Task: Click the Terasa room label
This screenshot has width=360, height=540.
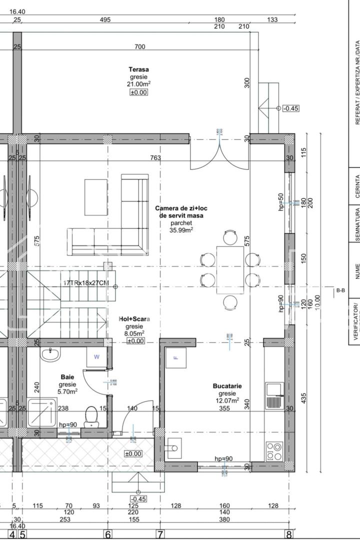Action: pyautogui.click(x=139, y=69)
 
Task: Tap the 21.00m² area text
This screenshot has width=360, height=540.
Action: pyautogui.click(x=139, y=84)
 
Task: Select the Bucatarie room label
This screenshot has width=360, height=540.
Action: pyautogui.click(x=227, y=386)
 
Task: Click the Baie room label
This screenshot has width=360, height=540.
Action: pyautogui.click(x=67, y=376)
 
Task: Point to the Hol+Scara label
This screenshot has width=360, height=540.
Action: pyautogui.click(x=134, y=318)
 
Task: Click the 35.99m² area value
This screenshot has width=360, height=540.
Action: pyautogui.click(x=181, y=230)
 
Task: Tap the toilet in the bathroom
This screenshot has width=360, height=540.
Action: pyautogui.click(x=91, y=416)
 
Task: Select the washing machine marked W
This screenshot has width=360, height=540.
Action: pyautogui.click(x=96, y=357)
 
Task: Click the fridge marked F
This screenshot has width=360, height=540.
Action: pyautogui.click(x=175, y=357)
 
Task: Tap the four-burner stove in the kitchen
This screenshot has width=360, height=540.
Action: pyautogui.click(x=274, y=451)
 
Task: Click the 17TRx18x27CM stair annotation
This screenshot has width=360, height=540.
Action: pyautogui.click(x=86, y=283)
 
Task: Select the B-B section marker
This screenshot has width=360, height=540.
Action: pyautogui.click(x=340, y=290)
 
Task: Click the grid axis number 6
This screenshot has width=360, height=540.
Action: pyautogui.click(x=107, y=534)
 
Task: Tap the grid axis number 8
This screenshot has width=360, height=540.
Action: pyautogui.click(x=288, y=534)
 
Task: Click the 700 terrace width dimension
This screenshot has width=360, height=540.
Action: pyautogui.click(x=139, y=47)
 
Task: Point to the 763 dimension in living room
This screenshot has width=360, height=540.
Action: pyautogui.click(x=155, y=158)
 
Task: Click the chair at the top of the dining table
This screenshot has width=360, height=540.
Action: pyautogui.click(x=230, y=237)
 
